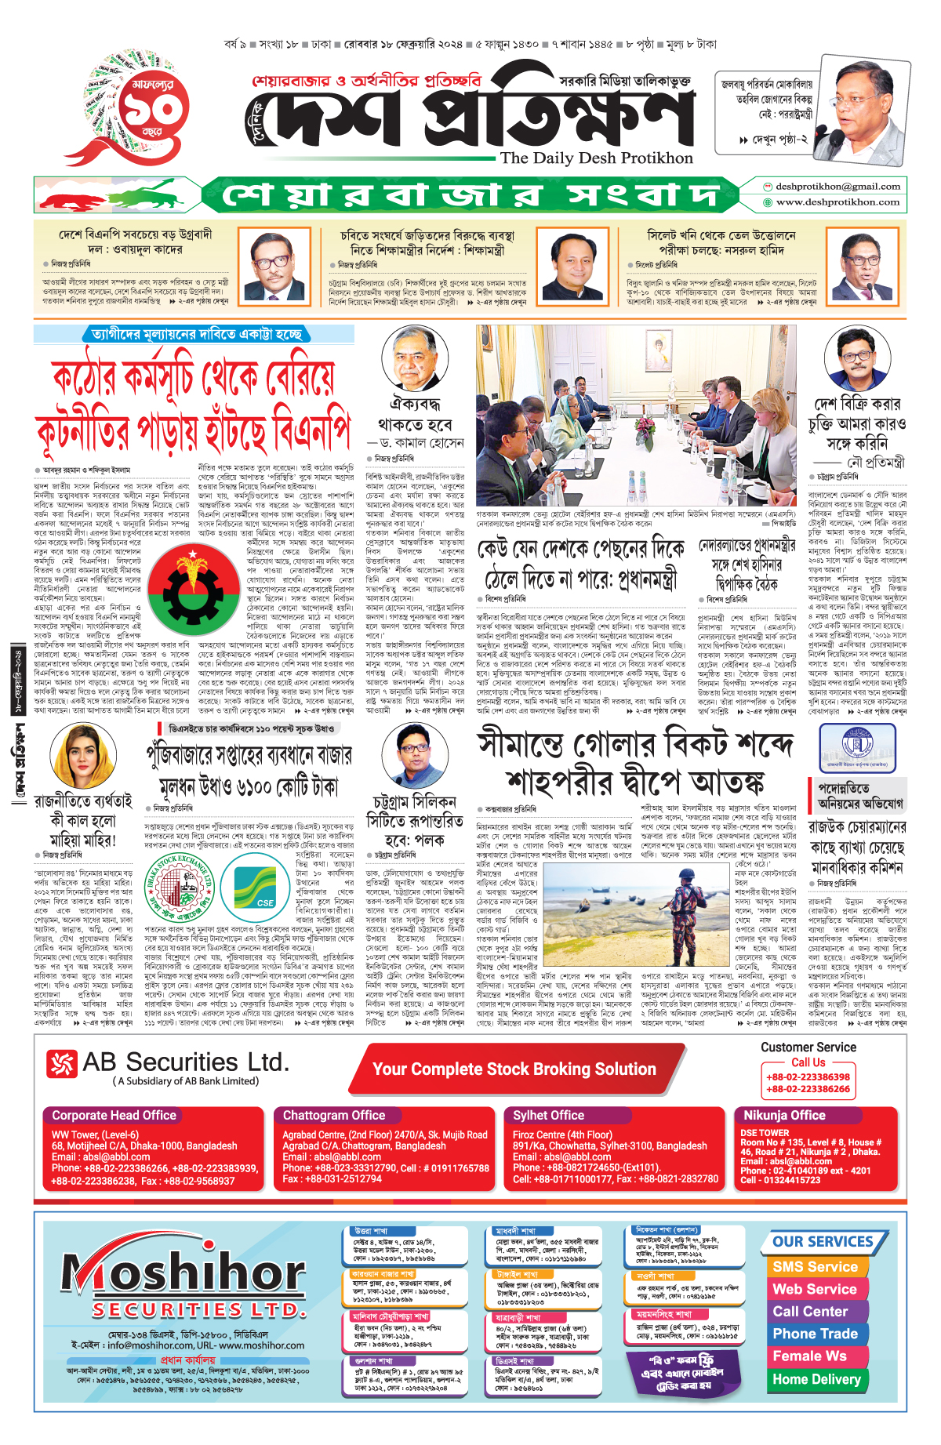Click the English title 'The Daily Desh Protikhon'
point(596,158)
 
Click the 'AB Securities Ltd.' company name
point(186,1062)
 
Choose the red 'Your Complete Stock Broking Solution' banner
point(514,1069)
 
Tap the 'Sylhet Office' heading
point(548,1115)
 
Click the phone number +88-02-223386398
point(808,1077)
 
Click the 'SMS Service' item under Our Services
point(815,1266)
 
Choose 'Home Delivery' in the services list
point(816,1378)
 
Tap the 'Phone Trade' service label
point(815,1334)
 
